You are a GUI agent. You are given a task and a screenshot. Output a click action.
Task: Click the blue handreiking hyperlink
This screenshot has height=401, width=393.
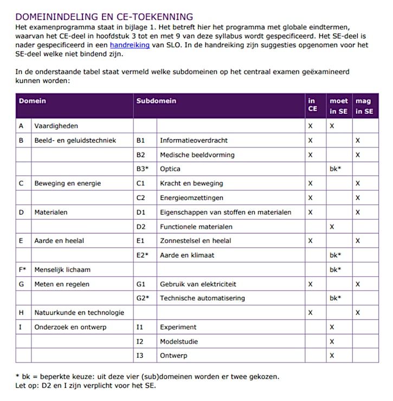(130, 46)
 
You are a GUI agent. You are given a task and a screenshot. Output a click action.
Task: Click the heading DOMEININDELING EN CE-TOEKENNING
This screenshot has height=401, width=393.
(104, 17)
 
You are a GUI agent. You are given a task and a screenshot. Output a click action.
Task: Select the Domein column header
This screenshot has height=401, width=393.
(33, 101)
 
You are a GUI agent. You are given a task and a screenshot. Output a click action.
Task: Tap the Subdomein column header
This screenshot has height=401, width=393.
(156, 101)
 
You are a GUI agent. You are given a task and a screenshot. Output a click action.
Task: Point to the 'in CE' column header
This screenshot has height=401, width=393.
(312, 106)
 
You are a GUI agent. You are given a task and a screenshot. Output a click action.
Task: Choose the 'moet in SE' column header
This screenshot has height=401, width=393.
(339, 106)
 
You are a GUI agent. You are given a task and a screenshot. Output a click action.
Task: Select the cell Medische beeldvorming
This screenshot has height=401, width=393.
(197, 155)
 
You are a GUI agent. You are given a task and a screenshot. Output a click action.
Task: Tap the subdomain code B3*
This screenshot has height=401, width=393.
(143, 169)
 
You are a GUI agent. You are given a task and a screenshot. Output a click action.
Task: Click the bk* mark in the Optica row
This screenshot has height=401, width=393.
(336, 169)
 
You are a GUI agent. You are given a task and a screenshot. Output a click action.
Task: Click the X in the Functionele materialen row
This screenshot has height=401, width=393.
(332, 227)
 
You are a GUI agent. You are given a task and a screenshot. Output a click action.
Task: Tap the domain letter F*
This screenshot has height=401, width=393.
(22, 269)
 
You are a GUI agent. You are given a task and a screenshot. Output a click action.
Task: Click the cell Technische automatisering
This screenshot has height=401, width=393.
(202, 298)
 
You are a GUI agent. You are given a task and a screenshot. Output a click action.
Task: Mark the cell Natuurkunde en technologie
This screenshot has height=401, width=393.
(79, 313)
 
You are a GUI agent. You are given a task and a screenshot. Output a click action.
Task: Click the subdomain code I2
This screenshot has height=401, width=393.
(140, 341)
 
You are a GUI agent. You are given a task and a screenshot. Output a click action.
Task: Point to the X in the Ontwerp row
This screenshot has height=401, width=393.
(332, 355)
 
